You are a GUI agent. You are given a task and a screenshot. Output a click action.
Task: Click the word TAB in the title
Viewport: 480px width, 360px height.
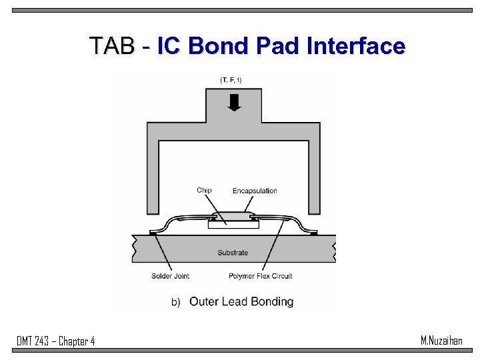111,46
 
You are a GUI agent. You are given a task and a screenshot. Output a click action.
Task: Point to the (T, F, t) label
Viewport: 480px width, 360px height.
231,81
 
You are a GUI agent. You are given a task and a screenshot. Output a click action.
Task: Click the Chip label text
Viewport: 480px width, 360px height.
204,191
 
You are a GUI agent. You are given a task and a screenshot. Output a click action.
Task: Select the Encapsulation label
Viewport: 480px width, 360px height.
255,191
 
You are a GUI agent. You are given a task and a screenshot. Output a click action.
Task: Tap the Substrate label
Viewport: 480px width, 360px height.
233,253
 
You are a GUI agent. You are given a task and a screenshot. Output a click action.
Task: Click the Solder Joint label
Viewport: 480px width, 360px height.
170,276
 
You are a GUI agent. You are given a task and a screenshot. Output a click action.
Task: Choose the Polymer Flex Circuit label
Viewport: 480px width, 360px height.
260,276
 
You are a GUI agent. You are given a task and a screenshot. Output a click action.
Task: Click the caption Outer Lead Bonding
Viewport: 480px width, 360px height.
241,302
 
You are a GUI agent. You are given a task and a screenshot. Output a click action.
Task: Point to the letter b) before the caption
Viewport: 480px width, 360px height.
176,303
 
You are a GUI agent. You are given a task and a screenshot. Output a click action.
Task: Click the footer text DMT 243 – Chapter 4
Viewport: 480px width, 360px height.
56,341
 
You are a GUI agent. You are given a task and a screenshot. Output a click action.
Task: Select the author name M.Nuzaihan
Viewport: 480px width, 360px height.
441,341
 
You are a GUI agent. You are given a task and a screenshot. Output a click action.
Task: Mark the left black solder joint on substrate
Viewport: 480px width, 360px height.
153,233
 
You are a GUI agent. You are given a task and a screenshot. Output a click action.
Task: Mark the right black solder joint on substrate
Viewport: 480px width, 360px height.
313,233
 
